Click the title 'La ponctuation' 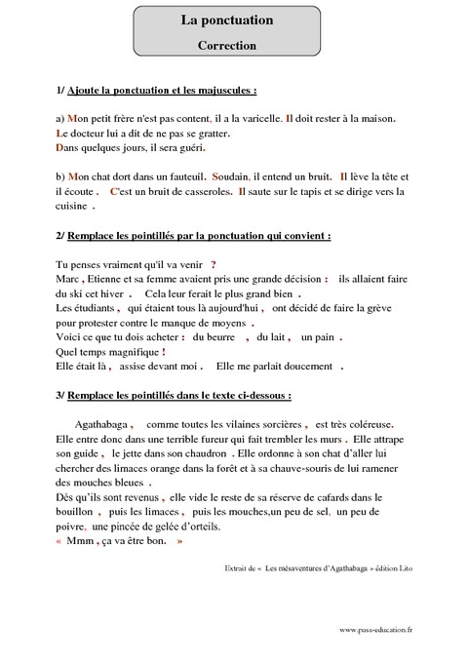tap(227, 19)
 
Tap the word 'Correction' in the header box tap(227, 45)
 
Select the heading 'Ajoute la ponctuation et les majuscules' tap(161, 91)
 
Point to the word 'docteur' tap(88, 133)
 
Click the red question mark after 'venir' tap(214, 264)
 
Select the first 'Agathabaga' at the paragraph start tap(101, 424)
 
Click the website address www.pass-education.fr tap(376, 630)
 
